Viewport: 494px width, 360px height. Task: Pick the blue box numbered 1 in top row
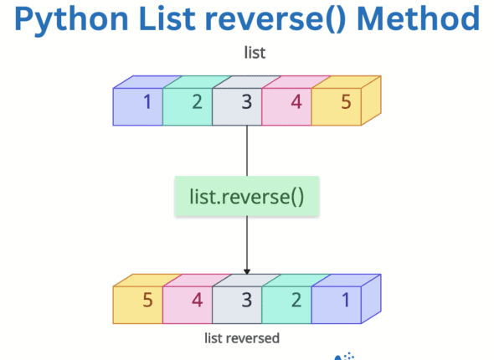142,104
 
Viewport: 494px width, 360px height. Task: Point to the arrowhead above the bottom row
247,270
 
